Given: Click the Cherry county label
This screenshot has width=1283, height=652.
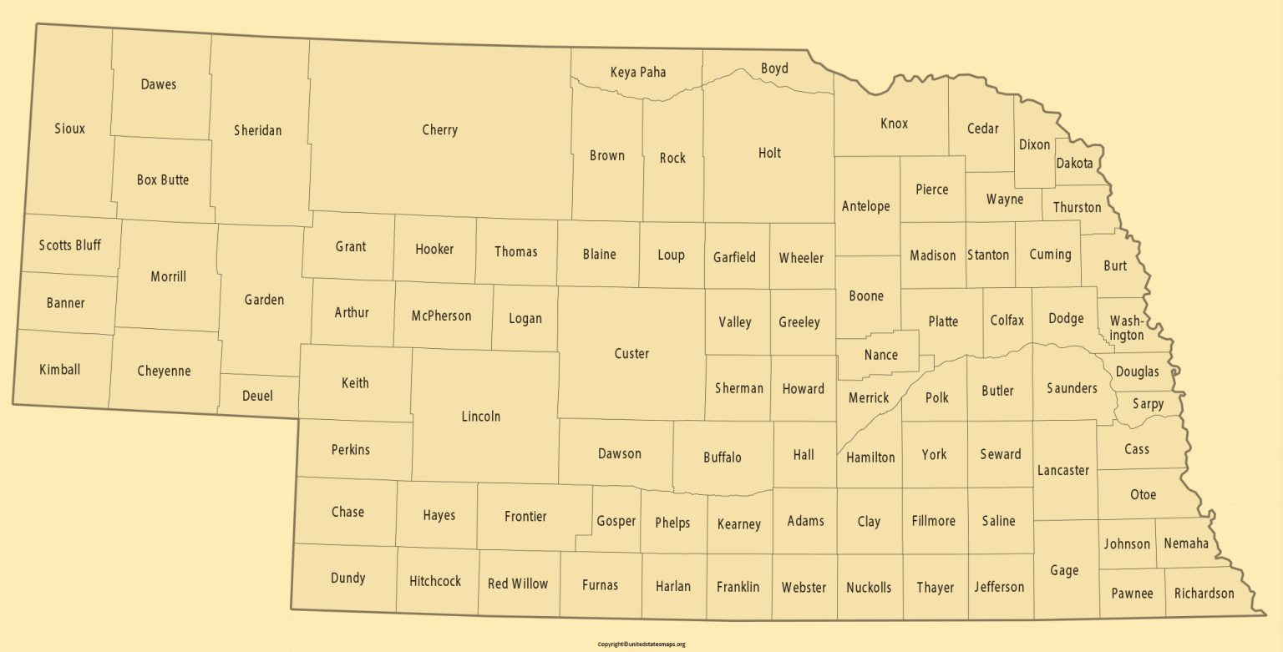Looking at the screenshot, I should pos(439,130).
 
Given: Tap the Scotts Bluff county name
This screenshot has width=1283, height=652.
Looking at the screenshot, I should pos(70,245).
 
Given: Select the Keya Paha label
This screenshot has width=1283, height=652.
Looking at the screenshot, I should pos(638,72).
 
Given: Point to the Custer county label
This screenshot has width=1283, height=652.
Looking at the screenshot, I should pos(631,354).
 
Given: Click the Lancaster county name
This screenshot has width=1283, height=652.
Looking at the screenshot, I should pos(1063,470).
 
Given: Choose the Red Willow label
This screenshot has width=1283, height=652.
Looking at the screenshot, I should pos(518,584).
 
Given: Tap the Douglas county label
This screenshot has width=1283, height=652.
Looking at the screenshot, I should pos(1137,371).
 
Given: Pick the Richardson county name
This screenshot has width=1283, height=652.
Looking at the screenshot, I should pos(1204,594).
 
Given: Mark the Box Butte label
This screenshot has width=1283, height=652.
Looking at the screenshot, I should pos(163,179).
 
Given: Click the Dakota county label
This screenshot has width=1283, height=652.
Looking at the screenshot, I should pos(1074,164).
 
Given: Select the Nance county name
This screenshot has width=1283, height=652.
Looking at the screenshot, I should pos(881,355).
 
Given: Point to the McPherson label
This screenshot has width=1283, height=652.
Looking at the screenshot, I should pos(441,316).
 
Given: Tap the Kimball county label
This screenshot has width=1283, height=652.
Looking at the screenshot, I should pos(60,369).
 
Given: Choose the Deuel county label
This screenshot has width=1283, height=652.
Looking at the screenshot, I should pos(257,396).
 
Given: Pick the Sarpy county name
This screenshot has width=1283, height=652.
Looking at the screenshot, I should pos(1148,404).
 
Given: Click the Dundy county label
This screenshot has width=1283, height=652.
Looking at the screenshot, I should pos(347,578).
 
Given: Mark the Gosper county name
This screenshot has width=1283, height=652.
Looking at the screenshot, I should pos(616,521).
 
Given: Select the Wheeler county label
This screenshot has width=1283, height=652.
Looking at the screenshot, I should pos(801,258).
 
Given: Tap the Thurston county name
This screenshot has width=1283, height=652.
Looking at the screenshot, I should pos(1077,207).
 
